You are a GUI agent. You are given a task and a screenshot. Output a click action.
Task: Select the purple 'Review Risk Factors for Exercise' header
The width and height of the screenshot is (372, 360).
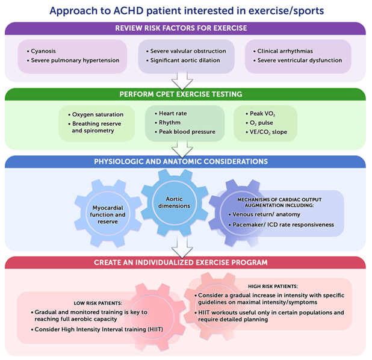[x=185, y=28]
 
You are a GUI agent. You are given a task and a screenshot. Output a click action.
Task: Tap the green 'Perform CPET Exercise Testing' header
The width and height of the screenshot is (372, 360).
[x=185, y=95]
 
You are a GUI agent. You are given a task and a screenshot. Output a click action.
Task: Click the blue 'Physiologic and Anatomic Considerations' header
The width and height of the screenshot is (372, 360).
[x=185, y=161]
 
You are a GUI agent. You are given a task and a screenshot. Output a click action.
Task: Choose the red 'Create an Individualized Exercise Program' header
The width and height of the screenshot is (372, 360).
[x=185, y=262]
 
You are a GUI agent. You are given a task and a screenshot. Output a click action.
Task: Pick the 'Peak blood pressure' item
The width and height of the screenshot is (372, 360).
[x=187, y=131]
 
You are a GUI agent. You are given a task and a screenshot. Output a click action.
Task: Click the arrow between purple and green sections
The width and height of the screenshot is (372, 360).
[x=181, y=80]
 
